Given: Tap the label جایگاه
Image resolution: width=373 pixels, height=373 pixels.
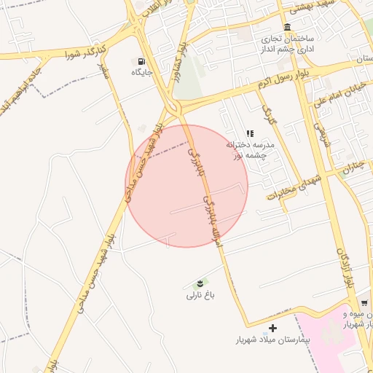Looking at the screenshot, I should [x=141, y=72].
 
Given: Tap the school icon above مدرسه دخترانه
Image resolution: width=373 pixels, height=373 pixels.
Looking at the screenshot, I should [x=250, y=133].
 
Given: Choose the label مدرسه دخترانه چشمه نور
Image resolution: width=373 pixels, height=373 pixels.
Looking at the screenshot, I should [x=250, y=149].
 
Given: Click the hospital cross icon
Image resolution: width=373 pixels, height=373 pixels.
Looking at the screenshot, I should [x=273, y=328].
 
